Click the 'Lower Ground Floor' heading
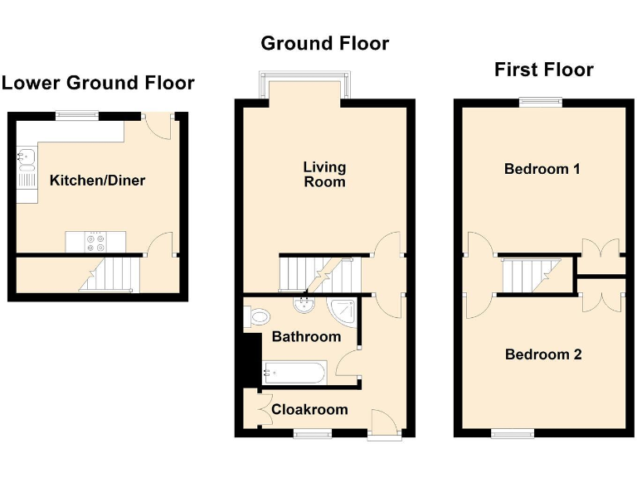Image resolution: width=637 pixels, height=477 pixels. click(x=98, y=83)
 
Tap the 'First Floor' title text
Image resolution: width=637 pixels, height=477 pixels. click(x=543, y=70)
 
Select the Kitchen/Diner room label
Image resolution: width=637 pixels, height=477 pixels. click(x=97, y=181)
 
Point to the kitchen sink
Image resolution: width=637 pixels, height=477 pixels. click(x=26, y=155)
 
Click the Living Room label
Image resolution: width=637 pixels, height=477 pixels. click(x=324, y=174)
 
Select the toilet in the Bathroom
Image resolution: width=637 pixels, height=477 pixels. click(x=258, y=316)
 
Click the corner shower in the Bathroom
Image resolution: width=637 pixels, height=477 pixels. click(x=342, y=310)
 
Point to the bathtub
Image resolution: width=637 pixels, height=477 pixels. click(x=294, y=372)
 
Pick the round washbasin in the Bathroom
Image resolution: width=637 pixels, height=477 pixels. click(x=303, y=305)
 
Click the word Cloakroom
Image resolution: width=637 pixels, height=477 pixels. click(x=309, y=409)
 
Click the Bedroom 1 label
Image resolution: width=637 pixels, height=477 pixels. click(x=542, y=169)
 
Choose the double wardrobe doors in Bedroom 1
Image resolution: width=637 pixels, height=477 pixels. click(x=600, y=252)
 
